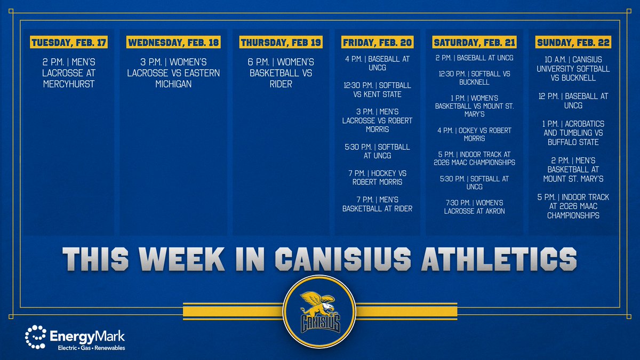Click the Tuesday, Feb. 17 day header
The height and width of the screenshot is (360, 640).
click(x=69, y=42)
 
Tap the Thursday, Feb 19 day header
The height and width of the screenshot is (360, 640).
click(x=281, y=42)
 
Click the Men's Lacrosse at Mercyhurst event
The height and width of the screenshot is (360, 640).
click(x=69, y=73)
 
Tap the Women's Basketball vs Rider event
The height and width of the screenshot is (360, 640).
click(x=281, y=73)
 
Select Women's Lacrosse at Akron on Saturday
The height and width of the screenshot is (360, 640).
click(x=474, y=207)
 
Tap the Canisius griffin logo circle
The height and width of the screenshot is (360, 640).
click(x=320, y=313)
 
